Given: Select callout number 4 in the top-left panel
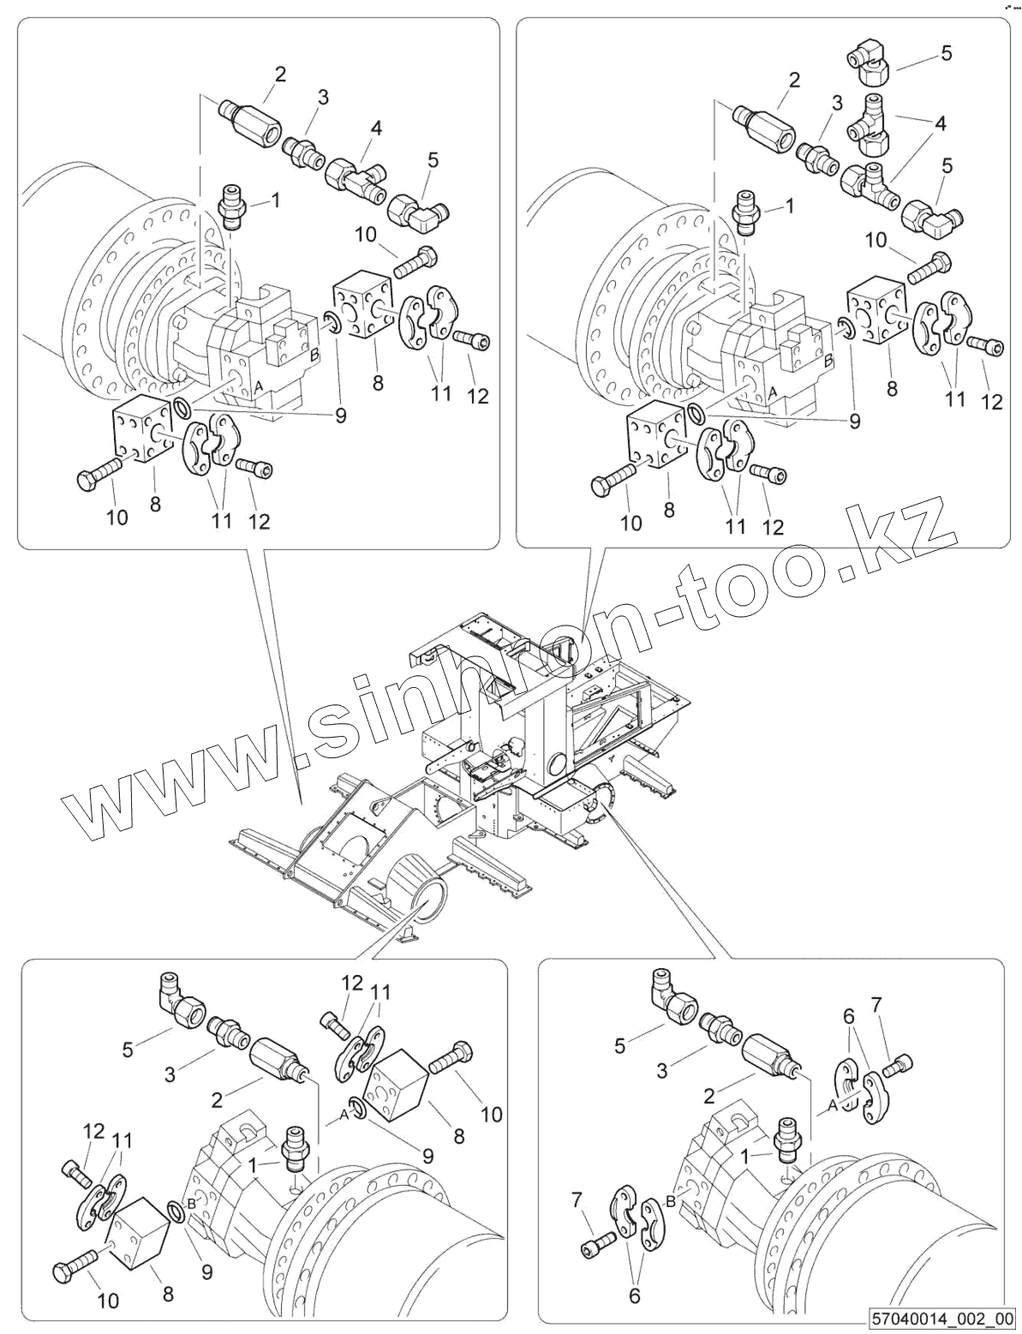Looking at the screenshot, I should (376, 129).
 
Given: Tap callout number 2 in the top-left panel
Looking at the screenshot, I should (280, 74).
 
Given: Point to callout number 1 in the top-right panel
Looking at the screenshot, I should (789, 206).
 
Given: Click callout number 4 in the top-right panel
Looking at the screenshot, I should (941, 123).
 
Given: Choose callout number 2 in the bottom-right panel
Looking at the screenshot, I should (708, 1096).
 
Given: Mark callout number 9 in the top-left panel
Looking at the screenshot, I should (340, 416).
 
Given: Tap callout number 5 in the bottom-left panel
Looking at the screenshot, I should (128, 1049).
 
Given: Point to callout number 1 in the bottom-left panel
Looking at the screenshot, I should (253, 1165).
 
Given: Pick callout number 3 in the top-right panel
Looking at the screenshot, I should (837, 104).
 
